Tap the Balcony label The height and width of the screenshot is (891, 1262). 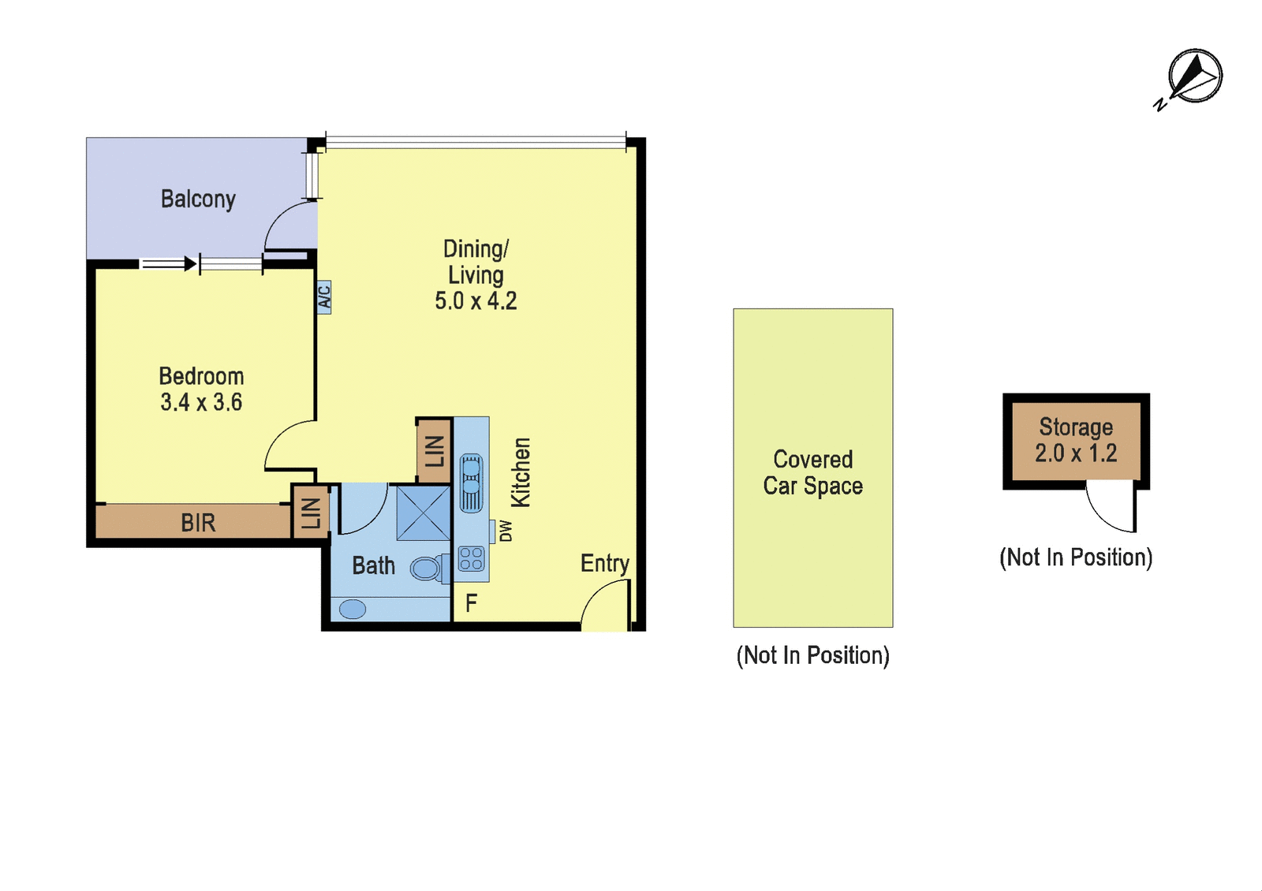point(198,199)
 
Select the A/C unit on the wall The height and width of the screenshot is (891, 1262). point(324,297)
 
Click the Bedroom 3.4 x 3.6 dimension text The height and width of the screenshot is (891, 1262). point(201,402)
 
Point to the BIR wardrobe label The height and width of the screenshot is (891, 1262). point(198,524)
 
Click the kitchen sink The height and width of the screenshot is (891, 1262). point(471,483)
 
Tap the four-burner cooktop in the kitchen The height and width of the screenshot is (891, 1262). point(471,558)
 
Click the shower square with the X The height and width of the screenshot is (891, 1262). point(423,513)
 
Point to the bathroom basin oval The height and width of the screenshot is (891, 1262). point(353,609)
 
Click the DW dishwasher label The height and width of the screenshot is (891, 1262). point(506,531)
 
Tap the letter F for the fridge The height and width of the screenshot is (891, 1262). point(471,603)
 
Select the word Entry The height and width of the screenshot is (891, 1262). point(605,564)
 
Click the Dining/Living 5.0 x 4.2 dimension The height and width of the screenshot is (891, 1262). point(476,301)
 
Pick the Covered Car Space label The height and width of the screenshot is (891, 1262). point(813,473)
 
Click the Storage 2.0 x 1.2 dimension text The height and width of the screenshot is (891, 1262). point(1076,453)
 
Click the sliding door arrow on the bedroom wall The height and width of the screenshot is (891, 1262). point(168,263)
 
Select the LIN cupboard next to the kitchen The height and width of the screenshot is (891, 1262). point(435,451)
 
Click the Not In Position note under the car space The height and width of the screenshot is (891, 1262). point(813,655)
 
